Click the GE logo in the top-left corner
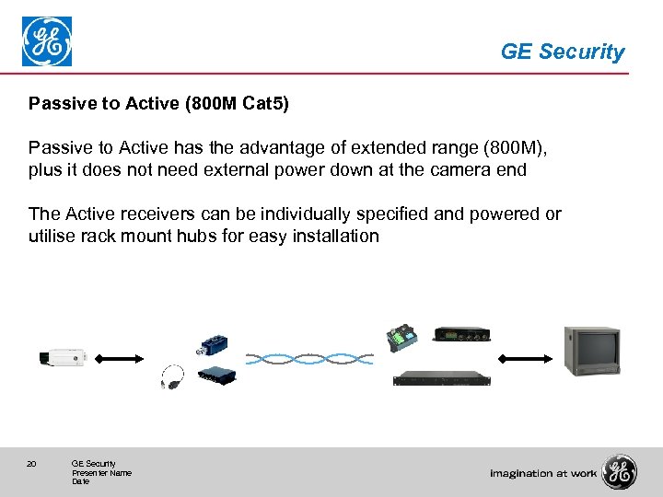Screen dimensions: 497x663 [x=47, y=41]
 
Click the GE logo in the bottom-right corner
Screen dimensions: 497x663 [x=619, y=472]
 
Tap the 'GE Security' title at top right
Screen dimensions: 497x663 [x=562, y=52]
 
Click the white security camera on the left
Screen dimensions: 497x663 [x=62, y=357]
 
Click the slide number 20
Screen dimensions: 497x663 [x=31, y=464]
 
